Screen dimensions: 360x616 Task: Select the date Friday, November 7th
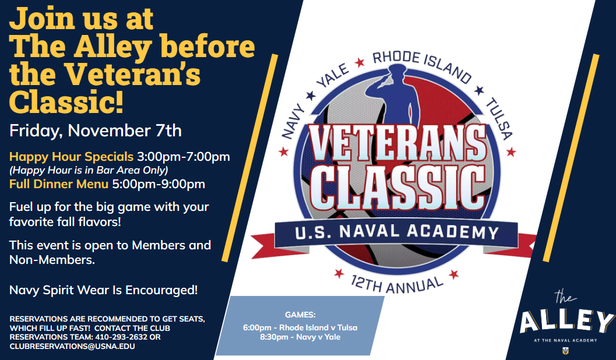(96, 130)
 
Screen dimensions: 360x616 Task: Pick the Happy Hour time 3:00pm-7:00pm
(183, 157)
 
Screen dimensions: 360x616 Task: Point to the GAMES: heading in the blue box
(300, 315)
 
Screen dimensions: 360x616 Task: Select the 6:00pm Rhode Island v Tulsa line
(300, 327)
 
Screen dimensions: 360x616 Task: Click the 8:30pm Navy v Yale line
(300, 337)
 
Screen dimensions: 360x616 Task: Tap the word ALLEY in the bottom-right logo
(566, 322)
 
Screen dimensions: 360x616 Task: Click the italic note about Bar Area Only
(89, 170)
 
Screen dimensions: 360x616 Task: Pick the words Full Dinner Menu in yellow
(59, 185)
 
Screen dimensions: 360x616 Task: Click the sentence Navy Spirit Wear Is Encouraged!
(104, 290)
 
